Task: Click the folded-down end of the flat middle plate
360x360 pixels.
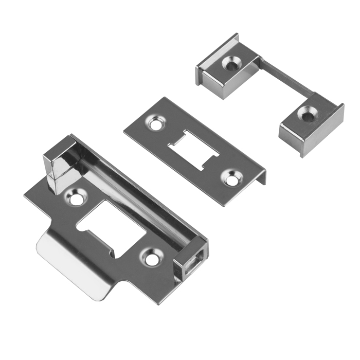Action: coord(263,177)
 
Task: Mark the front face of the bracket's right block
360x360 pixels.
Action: coord(303,135)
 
